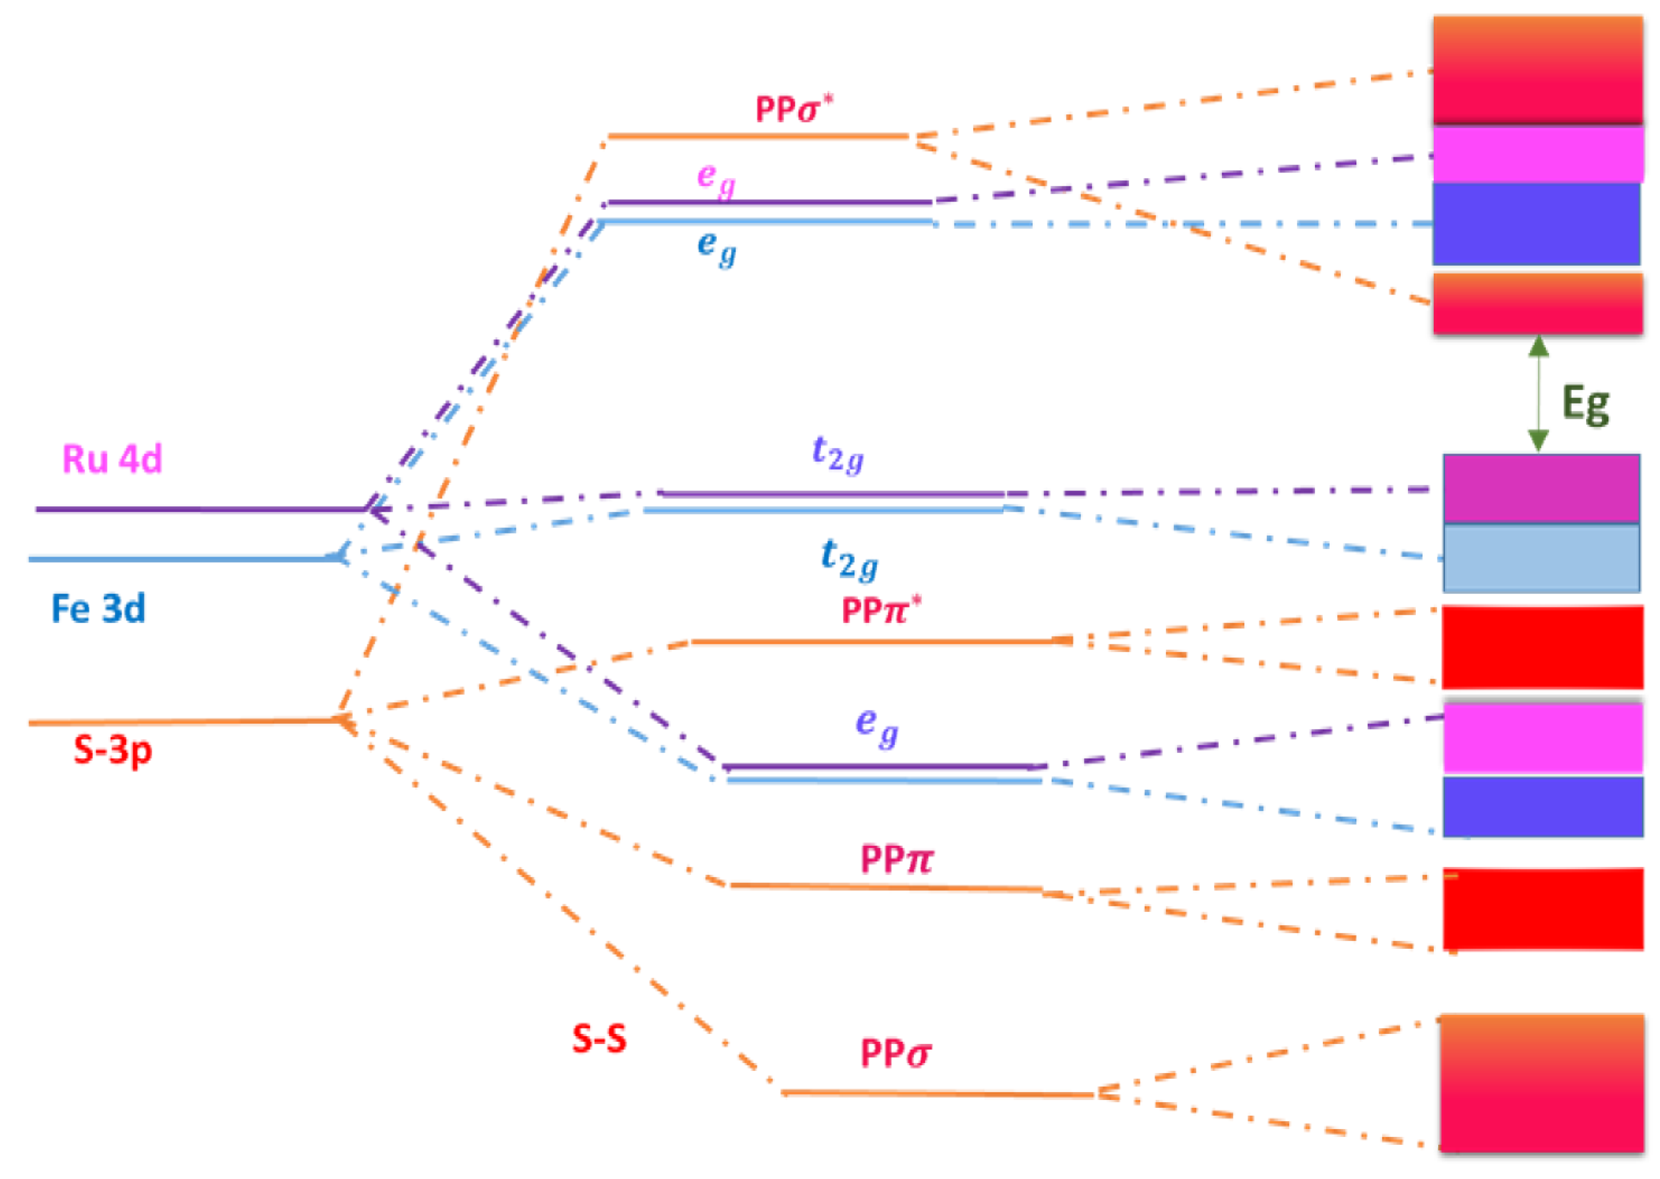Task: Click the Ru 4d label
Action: tap(113, 460)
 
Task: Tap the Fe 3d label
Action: tap(98, 609)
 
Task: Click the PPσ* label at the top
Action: tap(794, 110)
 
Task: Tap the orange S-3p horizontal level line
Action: tap(181, 722)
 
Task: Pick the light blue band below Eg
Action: tap(1541, 558)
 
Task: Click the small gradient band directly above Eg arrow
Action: tap(1537, 303)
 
